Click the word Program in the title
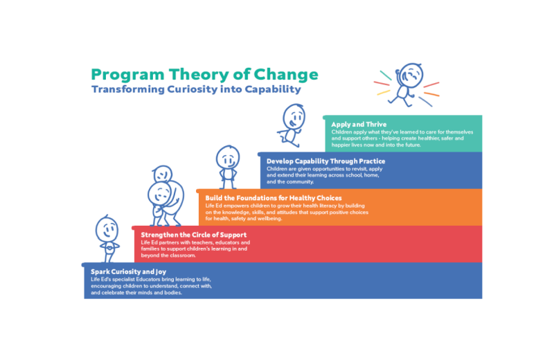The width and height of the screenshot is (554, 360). point(127,75)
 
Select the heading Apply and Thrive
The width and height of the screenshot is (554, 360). point(359,125)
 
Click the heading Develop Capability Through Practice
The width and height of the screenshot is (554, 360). point(325,161)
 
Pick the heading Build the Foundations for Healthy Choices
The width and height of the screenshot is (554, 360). point(274,198)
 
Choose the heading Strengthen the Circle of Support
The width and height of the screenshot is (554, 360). point(194,235)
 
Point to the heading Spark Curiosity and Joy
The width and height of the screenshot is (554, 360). point(128,271)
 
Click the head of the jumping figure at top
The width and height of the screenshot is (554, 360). point(410,75)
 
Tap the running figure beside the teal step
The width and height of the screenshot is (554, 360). point(292,125)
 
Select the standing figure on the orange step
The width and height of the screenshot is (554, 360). point(228,167)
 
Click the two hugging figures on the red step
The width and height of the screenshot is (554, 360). point(166,196)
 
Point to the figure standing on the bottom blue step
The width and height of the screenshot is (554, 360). point(107,239)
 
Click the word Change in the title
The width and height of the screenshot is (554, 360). point(286,75)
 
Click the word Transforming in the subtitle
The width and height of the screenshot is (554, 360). point(128,89)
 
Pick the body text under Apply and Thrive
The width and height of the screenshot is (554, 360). point(402,138)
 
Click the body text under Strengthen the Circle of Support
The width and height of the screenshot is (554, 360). point(195,249)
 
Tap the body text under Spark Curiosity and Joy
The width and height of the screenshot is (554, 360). point(151,286)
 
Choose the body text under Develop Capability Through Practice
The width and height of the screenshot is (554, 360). point(324,175)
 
